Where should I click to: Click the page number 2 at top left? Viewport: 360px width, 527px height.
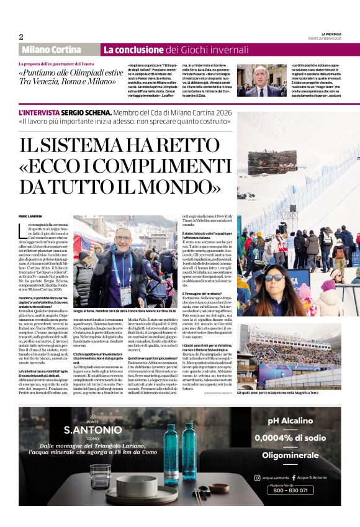click(21, 37)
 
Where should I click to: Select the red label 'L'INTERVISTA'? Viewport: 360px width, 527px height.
click(40, 112)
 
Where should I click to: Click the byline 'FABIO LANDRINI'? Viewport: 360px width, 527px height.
click(32, 215)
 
